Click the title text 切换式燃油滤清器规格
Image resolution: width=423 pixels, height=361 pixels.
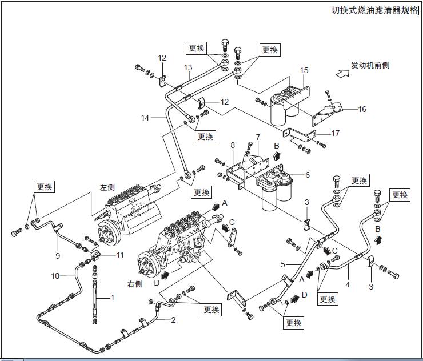[374, 10]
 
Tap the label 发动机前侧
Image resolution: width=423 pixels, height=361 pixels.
[370, 66]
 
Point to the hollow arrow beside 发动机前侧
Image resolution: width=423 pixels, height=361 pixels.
[343, 73]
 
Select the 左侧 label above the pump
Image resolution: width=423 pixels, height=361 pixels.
[107, 187]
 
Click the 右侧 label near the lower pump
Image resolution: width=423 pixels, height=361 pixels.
[135, 283]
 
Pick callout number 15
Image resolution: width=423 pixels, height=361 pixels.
[304, 70]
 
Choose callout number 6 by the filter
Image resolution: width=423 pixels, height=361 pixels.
[307, 175]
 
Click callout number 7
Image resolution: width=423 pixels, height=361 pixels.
[258, 137]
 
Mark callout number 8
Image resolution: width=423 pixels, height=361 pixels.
[233, 146]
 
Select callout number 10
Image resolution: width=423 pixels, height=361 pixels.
[55, 276]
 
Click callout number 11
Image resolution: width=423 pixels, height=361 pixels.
[119, 255]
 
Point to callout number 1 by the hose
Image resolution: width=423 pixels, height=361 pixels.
[113, 297]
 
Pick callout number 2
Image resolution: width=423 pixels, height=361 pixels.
[173, 320]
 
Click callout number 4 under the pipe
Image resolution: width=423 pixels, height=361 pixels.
[348, 282]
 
